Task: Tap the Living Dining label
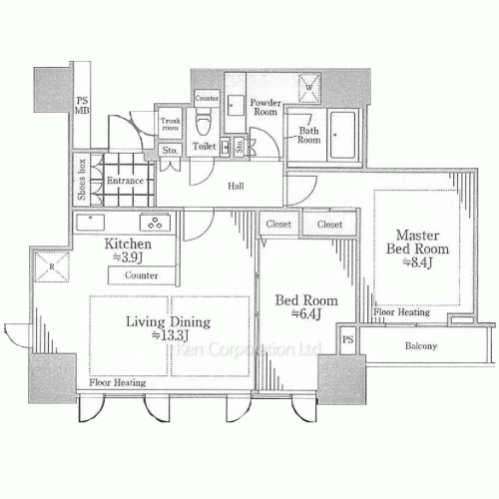pyautogui.click(x=168, y=321)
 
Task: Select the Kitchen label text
pyautogui.click(x=128, y=244)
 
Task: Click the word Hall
pyautogui.click(x=237, y=185)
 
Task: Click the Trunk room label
pyautogui.click(x=170, y=125)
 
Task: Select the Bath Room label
pyautogui.click(x=307, y=136)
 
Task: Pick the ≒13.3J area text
pyautogui.click(x=168, y=336)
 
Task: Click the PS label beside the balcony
pyautogui.click(x=347, y=340)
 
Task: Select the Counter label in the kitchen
pyautogui.click(x=144, y=274)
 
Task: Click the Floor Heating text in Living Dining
pyautogui.click(x=117, y=383)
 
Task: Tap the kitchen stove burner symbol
pyautogui.click(x=155, y=222)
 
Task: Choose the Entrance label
pyautogui.click(x=126, y=181)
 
